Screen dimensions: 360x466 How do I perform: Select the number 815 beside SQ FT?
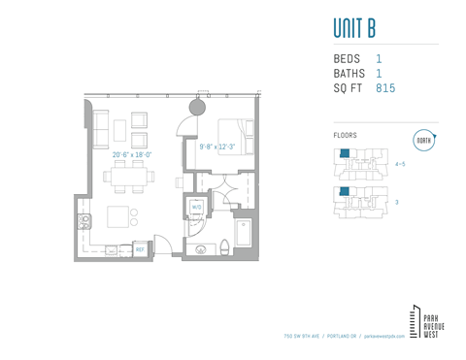tap(384, 88)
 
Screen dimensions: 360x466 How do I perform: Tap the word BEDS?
tap(347, 59)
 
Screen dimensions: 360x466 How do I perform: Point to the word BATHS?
tap(349, 74)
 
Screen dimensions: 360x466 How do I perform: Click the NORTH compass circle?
tap(423, 140)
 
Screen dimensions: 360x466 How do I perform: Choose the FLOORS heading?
tap(345, 136)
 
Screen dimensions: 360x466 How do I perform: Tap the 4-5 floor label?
tap(400, 164)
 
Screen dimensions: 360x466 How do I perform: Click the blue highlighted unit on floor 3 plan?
tap(344, 191)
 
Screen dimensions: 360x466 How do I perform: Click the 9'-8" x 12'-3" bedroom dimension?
tap(217, 146)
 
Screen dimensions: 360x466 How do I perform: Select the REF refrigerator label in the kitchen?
tap(140, 249)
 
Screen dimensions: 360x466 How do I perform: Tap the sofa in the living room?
tap(100, 126)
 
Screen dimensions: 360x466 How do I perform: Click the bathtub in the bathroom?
tap(243, 234)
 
